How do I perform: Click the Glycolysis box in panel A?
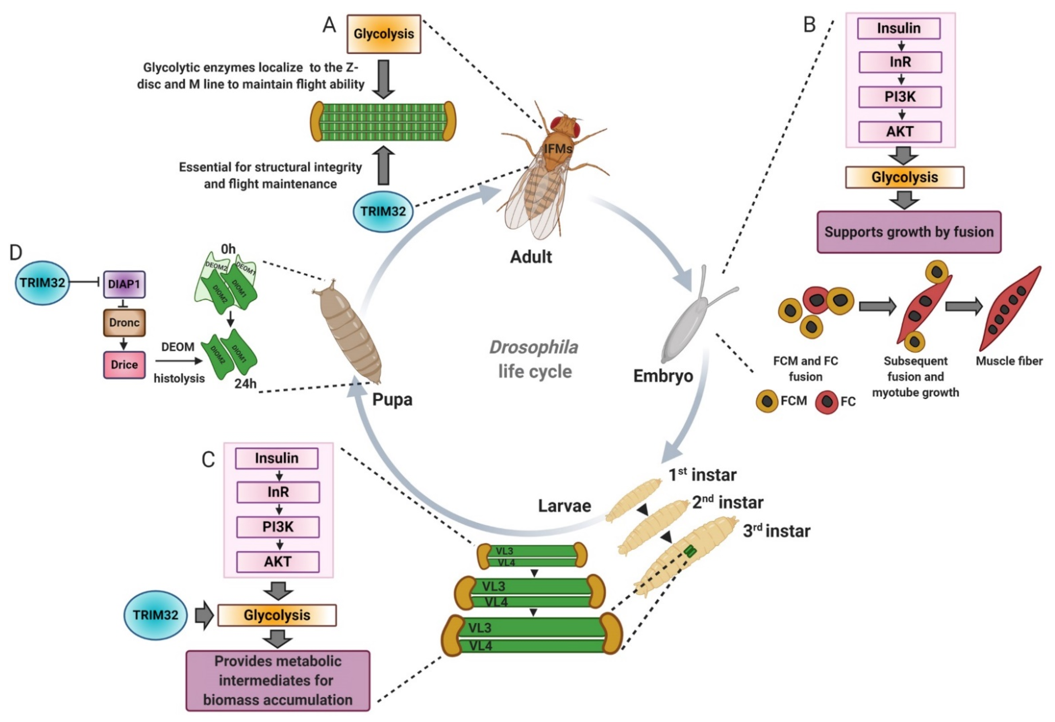384,34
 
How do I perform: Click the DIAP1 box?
124,284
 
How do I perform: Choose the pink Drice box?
124,365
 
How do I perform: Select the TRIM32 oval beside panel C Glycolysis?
155,615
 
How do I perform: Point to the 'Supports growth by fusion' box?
909,232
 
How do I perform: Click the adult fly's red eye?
558,123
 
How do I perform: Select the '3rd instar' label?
776,531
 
